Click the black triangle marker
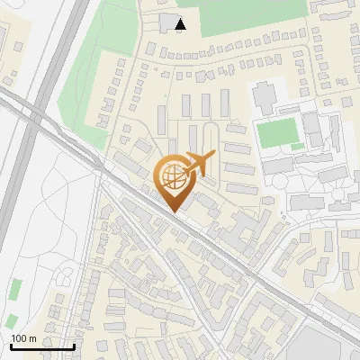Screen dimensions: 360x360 [x=182, y=24]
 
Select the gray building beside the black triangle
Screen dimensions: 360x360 [x=169, y=22]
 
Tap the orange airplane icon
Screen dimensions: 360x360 [x=198, y=165]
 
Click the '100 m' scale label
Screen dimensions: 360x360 [x=23, y=338]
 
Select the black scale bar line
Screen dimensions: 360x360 [x=42, y=346]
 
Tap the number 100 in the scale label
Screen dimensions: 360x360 [x=19, y=338]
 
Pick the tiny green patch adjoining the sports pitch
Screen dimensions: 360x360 [x=298, y=146]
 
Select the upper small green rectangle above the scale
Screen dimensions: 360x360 [x=15, y=289]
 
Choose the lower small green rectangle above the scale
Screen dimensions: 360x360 [x=11, y=321]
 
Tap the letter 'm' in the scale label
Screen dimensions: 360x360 [x=32, y=338]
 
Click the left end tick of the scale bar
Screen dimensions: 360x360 [x=11, y=346]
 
